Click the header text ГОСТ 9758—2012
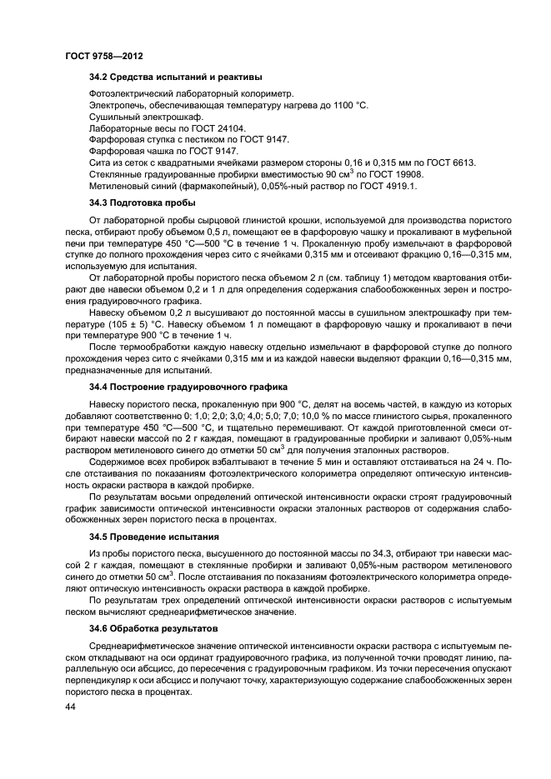click(x=102, y=56)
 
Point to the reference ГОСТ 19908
click(x=397, y=175)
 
